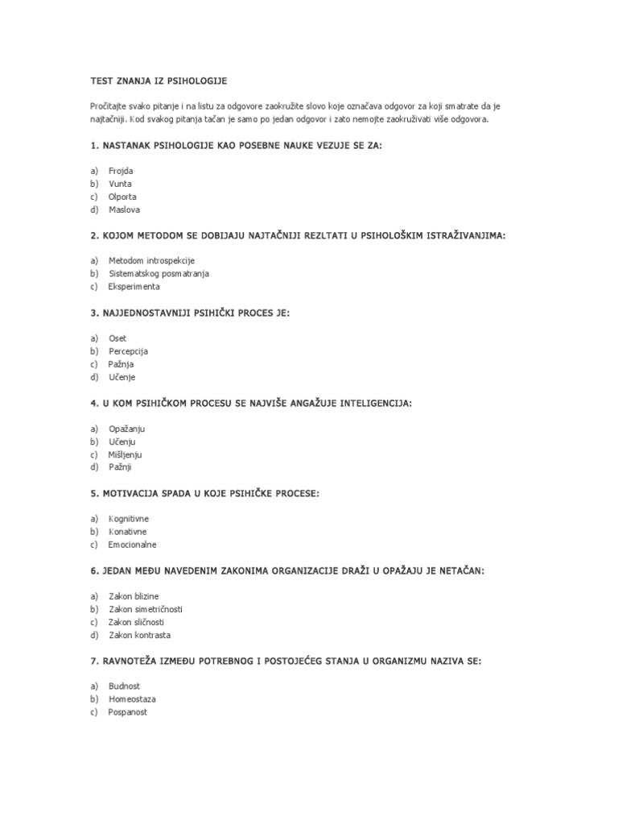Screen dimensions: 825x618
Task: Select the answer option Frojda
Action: click(x=121, y=171)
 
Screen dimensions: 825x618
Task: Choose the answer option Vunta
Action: click(x=120, y=184)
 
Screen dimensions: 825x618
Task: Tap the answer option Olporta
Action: click(x=122, y=197)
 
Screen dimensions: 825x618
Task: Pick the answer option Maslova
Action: click(x=123, y=209)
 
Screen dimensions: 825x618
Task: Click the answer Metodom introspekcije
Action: click(x=151, y=261)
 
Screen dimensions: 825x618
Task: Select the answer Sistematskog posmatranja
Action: click(x=159, y=274)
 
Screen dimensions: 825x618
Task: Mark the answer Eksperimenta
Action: click(x=134, y=287)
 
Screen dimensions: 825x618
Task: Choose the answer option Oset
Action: click(x=117, y=338)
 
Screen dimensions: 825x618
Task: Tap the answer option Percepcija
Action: click(x=129, y=351)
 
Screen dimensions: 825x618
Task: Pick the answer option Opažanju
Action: click(x=127, y=429)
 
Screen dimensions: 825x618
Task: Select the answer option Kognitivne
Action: click(x=129, y=519)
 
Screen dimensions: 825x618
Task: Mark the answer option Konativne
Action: click(x=128, y=532)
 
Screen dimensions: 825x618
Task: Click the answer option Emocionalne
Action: click(x=133, y=545)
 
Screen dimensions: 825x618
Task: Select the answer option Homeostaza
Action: click(x=133, y=699)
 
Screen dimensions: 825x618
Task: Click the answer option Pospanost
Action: click(x=128, y=712)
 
